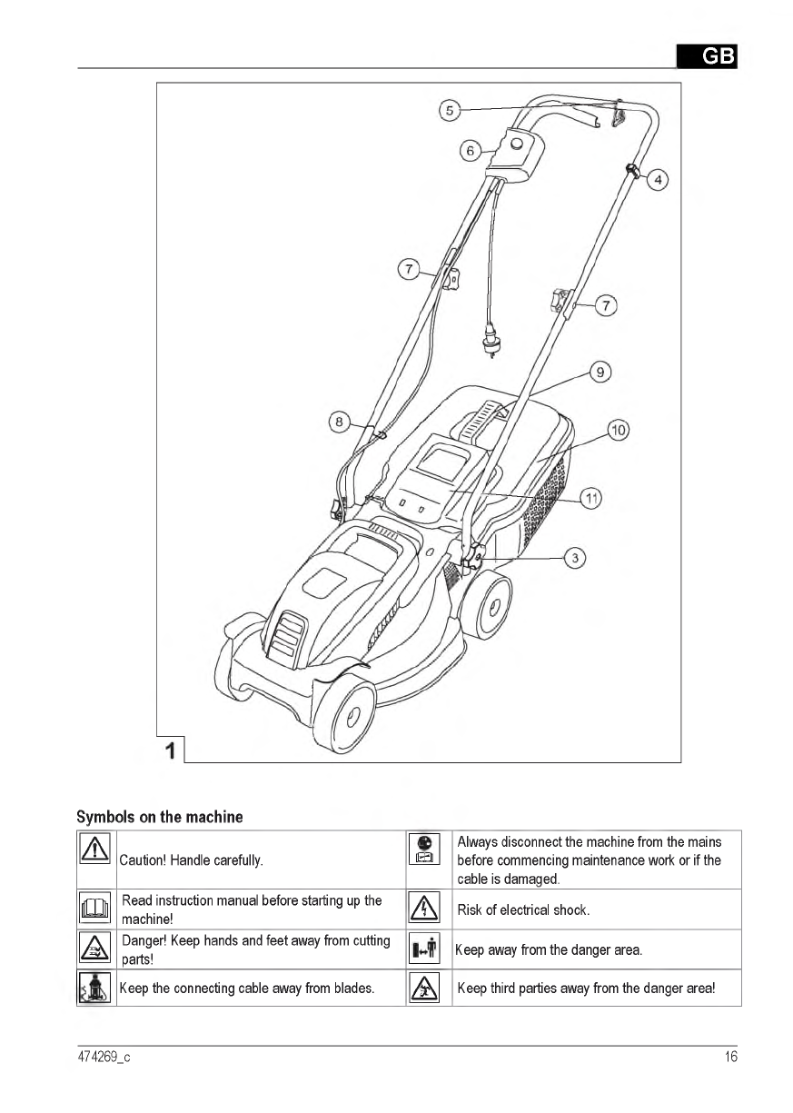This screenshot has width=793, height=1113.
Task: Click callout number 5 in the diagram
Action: (x=449, y=111)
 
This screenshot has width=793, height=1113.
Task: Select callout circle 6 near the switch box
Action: (x=470, y=151)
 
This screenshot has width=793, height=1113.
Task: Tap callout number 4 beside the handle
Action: (x=658, y=180)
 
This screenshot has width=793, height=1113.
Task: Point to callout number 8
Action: (x=340, y=422)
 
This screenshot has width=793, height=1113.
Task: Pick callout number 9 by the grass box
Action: (x=600, y=372)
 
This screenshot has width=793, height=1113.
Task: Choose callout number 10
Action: (x=619, y=430)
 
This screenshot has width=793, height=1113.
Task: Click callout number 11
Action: (x=591, y=498)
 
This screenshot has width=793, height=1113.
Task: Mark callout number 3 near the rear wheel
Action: (x=575, y=558)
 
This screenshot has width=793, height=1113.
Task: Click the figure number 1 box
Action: (x=171, y=750)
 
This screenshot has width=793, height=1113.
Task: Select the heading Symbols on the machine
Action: (x=160, y=817)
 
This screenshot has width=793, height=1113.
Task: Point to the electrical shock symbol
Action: (x=426, y=909)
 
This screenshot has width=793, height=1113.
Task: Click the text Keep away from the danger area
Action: (x=549, y=950)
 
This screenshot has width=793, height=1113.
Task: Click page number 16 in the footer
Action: (x=730, y=1057)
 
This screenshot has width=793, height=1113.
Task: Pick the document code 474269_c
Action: (x=104, y=1057)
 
